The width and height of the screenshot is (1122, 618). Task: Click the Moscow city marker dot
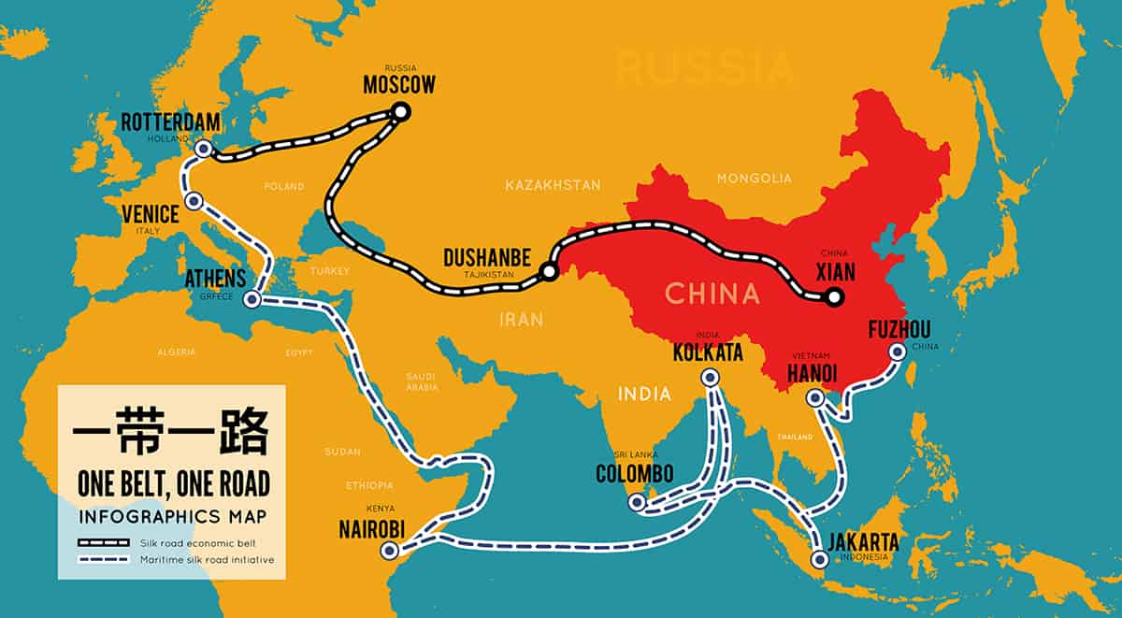pos(401,112)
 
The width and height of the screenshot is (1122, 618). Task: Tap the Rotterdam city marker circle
pos(204,148)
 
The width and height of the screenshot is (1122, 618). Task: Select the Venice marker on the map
pos(194,201)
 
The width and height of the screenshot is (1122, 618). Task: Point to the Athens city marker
pos(252,300)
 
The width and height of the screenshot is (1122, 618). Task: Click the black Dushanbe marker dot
pos(549,272)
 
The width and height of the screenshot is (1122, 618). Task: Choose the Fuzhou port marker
pos(898,352)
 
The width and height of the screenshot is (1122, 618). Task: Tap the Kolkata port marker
pos(711,378)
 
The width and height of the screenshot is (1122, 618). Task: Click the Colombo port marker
pos(637,503)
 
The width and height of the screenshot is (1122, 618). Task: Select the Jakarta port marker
pos(820,561)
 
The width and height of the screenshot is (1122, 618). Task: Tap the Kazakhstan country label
pos(553,185)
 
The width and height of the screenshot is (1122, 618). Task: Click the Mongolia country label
pos(754,178)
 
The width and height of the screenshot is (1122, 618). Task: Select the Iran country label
pos(521,320)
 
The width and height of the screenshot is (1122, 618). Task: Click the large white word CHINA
pos(712,295)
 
